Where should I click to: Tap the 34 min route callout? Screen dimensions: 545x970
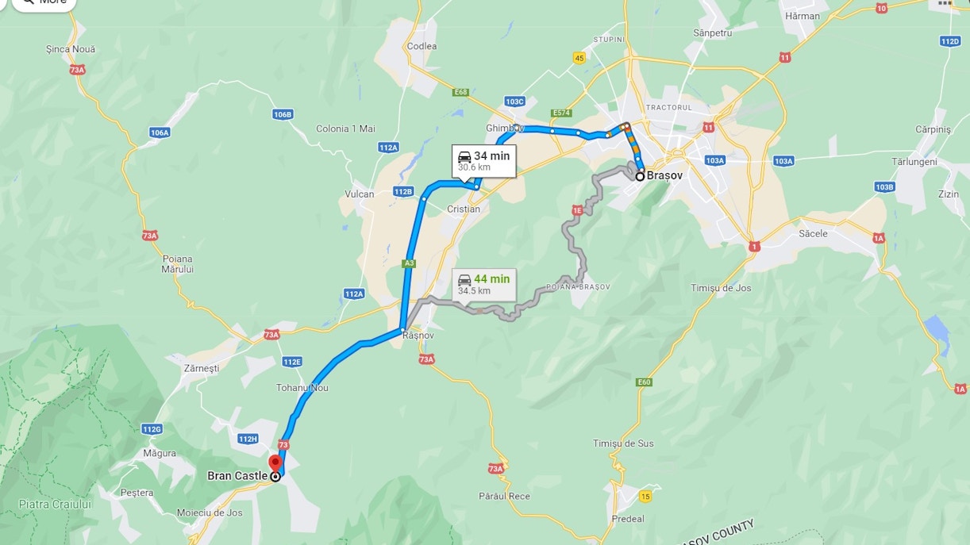[x=483, y=161]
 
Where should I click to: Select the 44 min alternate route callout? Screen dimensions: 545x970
[x=483, y=284]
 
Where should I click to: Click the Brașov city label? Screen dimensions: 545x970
[x=664, y=175]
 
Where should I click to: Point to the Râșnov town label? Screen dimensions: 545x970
[x=418, y=336]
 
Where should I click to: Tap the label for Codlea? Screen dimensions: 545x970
[x=421, y=46]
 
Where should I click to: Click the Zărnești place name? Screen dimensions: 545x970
[x=201, y=368]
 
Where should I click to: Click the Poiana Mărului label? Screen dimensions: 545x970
[x=178, y=264]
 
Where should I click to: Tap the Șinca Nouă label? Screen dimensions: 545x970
[x=71, y=49]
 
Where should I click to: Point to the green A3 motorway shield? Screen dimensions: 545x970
[x=409, y=263]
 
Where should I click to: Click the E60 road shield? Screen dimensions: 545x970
[x=644, y=382]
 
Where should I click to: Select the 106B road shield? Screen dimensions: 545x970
[x=283, y=114]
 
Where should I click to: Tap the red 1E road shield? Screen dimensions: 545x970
[x=577, y=210]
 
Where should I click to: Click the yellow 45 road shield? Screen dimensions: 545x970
[x=579, y=58]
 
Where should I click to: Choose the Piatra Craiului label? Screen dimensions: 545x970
[x=55, y=504]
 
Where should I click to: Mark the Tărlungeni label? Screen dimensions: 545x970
[x=914, y=161]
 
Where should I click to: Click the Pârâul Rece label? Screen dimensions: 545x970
[x=504, y=496]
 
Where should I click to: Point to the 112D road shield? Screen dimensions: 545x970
[x=949, y=40]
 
